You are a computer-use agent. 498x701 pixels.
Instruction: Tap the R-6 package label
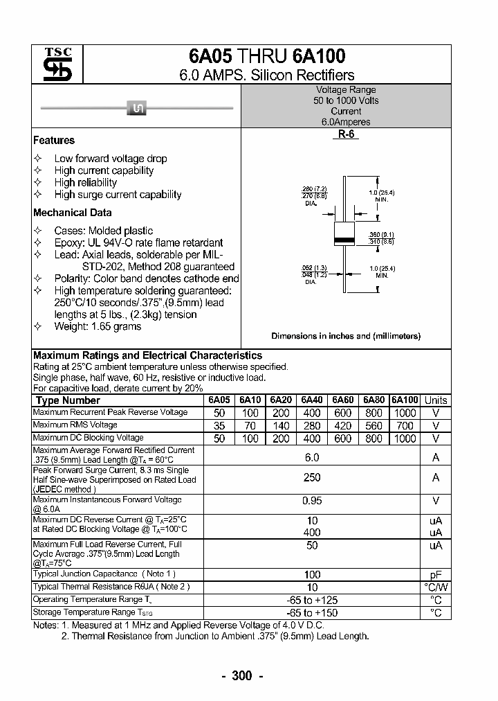coord(346,135)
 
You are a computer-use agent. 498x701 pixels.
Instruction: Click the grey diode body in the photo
coord(136,107)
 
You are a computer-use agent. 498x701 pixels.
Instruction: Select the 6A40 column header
coord(312,400)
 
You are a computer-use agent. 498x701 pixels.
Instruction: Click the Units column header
coord(436,400)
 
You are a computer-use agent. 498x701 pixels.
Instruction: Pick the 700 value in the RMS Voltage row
coord(405,425)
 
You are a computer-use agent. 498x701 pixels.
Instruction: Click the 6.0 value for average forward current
coord(312,457)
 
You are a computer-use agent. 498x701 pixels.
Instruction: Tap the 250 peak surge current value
coord(312,478)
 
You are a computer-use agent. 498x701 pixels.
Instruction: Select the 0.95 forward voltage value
coord(312,500)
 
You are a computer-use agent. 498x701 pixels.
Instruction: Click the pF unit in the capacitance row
coord(436,574)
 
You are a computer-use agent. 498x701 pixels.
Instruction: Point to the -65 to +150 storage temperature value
coord(312,613)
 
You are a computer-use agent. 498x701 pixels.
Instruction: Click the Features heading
coord(54,140)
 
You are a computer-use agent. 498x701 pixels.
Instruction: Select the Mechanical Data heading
coord(73,213)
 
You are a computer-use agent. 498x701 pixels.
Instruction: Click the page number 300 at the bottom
coord(241,676)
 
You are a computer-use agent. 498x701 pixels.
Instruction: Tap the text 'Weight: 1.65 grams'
coord(98,326)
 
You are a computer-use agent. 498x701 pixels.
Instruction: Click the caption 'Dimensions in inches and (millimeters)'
coord(346,336)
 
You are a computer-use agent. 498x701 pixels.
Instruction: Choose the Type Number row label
coord(68,400)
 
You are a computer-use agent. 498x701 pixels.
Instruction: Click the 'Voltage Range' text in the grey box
coord(346,90)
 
